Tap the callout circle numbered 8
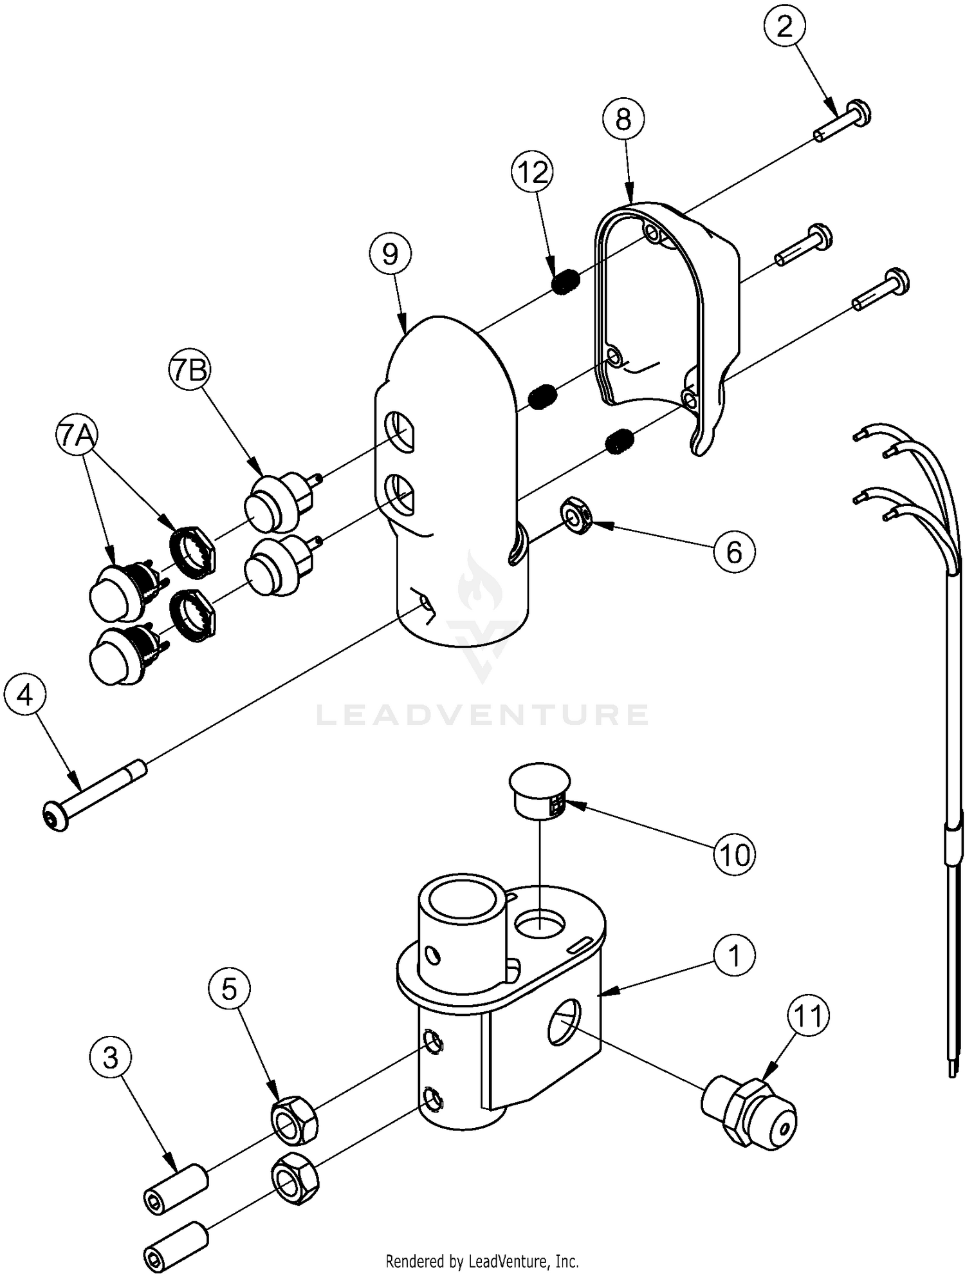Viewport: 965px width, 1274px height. click(623, 120)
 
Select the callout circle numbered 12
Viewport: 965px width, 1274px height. click(533, 173)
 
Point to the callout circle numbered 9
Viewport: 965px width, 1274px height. click(391, 254)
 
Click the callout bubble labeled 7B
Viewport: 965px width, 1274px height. click(190, 371)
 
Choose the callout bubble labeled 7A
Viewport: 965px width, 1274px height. click(77, 436)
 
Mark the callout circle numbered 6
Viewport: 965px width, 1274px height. click(734, 552)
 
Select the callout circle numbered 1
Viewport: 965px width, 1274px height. click(735, 956)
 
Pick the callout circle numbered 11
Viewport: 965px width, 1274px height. click(809, 1016)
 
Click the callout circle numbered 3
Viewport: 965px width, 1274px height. click(111, 1058)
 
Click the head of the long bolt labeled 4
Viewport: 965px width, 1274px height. click(55, 816)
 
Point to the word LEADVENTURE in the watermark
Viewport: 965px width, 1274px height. click(482, 714)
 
